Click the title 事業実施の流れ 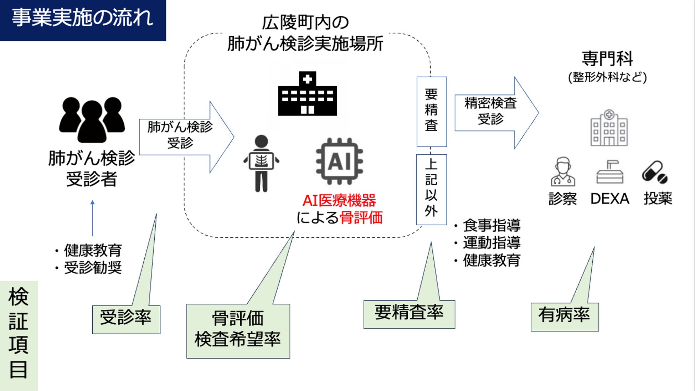point(83,18)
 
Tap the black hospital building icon point(307,94)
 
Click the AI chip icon point(339,161)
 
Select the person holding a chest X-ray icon point(261,163)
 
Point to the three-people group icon point(92,120)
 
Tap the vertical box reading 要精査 point(431,111)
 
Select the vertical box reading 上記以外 point(431,189)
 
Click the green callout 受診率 point(126,319)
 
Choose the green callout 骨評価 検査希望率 point(238,330)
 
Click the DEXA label point(609,199)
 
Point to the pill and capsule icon point(655,173)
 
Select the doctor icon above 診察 point(563,172)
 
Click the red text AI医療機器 point(339,201)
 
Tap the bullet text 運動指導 point(491,243)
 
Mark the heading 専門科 point(607,59)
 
